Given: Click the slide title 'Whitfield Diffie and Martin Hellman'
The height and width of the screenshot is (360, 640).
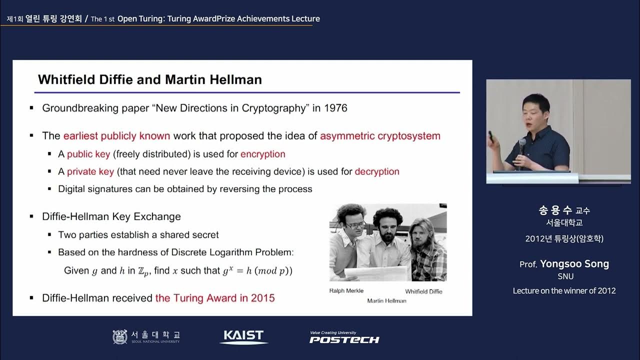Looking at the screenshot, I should pyautogui.click(x=150, y=79).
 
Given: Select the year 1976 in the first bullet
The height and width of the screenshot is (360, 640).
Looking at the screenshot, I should pyautogui.click(x=335, y=108).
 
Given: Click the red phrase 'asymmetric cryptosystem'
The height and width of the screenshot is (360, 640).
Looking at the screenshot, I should pyautogui.click(x=380, y=136).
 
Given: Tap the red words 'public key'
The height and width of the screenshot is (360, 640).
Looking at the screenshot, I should pyautogui.click(x=88, y=154).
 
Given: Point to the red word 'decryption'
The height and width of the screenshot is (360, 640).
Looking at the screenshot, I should pyautogui.click(x=377, y=171).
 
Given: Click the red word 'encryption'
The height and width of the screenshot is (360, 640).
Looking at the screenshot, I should pyautogui.click(x=262, y=154).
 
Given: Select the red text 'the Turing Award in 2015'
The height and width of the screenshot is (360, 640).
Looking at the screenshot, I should pyautogui.click(x=215, y=298).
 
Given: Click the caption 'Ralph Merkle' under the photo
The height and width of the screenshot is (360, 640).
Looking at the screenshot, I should pyautogui.click(x=346, y=291).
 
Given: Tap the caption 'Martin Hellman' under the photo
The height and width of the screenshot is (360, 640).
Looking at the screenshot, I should pyautogui.click(x=386, y=300).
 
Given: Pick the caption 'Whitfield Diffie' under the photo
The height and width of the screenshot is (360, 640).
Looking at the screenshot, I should pyautogui.click(x=423, y=291).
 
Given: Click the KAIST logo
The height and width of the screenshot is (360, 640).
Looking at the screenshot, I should pyautogui.click(x=244, y=336).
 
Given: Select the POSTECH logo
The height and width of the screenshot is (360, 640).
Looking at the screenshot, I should pyautogui.click(x=344, y=338).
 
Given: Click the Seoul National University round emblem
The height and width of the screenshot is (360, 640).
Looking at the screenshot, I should pyautogui.click(x=120, y=337).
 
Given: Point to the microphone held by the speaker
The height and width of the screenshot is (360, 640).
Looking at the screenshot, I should pyautogui.click(x=522, y=145).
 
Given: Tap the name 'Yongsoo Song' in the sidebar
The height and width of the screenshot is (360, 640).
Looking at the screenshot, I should pyautogui.click(x=574, y=264).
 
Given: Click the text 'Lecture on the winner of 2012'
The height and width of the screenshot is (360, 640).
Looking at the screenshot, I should pyautogui.click(x=564, y=290).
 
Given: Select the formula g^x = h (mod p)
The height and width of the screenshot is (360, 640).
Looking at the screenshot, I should pyautogui.click(x=257, y=271).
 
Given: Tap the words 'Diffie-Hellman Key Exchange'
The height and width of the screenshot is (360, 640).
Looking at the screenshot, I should pyautogui.click(x=111, y=216).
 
